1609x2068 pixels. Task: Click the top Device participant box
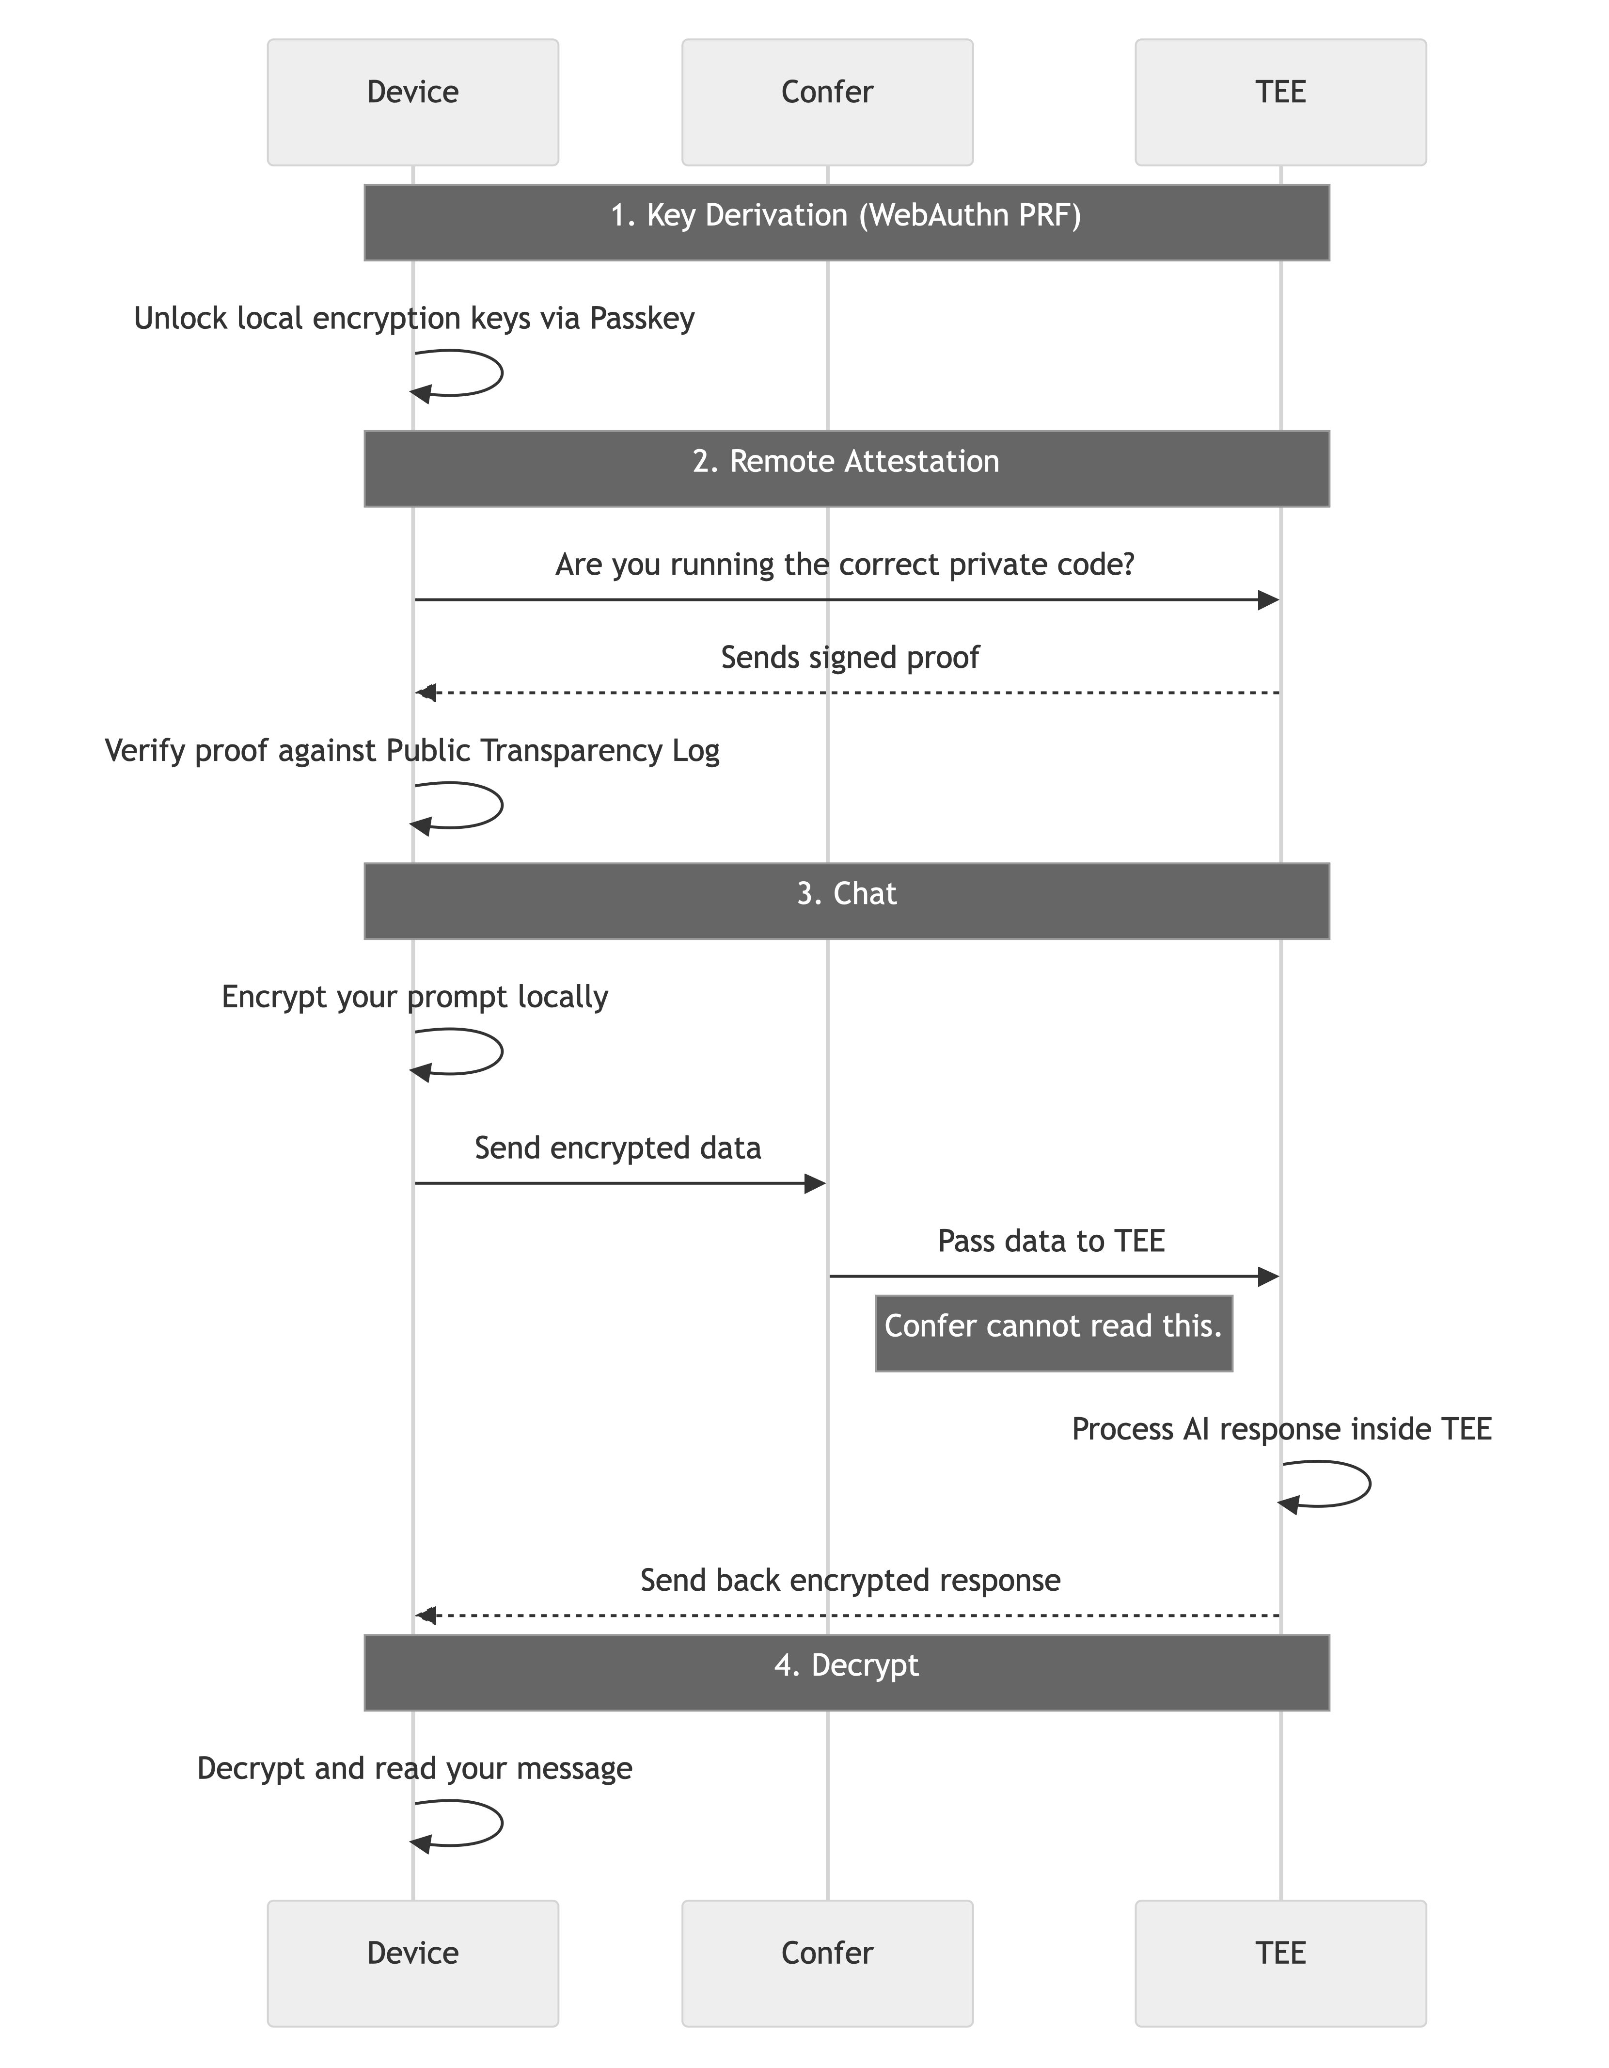412,102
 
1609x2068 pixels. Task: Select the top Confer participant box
827,102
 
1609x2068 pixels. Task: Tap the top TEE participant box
1280,102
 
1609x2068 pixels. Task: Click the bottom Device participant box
412,1963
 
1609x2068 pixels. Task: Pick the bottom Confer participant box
827,1963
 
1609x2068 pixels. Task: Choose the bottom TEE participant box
1280,1963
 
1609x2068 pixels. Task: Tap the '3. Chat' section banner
846,901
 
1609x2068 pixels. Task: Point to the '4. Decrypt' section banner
846,1672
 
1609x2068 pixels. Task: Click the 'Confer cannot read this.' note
1054,1332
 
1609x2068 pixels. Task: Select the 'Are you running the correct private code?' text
844,565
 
